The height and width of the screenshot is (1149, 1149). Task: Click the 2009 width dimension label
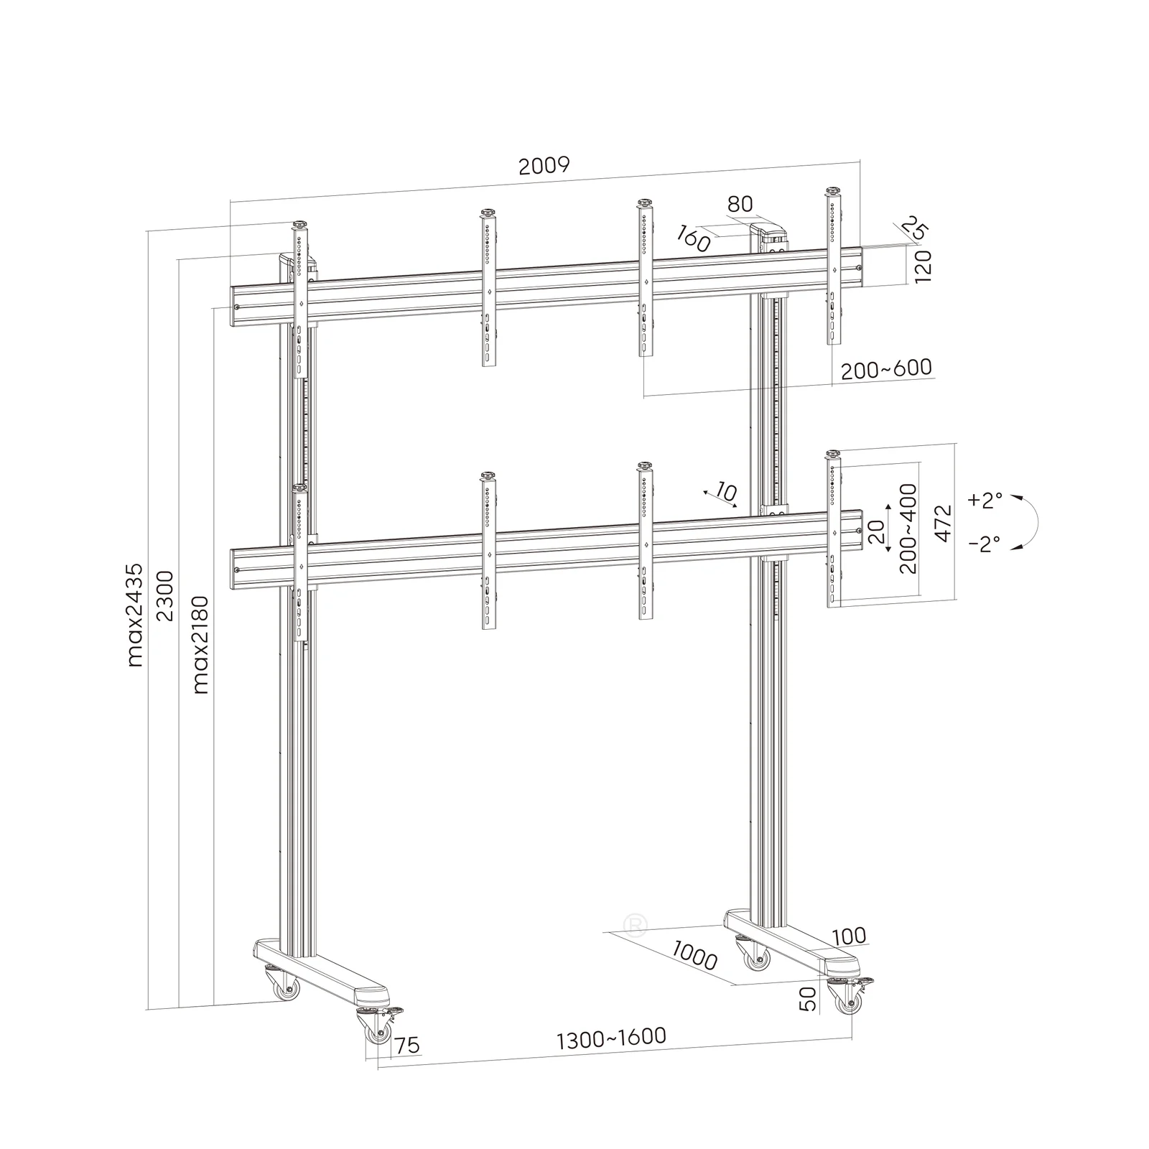click(544, 166)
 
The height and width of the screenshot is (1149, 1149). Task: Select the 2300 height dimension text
click(165, 596)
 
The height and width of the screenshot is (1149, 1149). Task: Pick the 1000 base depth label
click(695, 954)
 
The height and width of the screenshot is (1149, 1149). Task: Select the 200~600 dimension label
click(886, 369)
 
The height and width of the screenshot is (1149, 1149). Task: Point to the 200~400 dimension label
click(908, 528)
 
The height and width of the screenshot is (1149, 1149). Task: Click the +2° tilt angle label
click(985, 501)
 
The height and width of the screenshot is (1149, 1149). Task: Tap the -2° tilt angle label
click(985, 544)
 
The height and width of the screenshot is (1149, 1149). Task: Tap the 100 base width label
click(850, 936)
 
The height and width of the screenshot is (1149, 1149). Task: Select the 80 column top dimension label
click(740, 204)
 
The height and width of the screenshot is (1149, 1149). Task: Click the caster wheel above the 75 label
click(378, 1033)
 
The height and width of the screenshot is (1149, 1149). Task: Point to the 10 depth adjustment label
click(726, 493)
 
